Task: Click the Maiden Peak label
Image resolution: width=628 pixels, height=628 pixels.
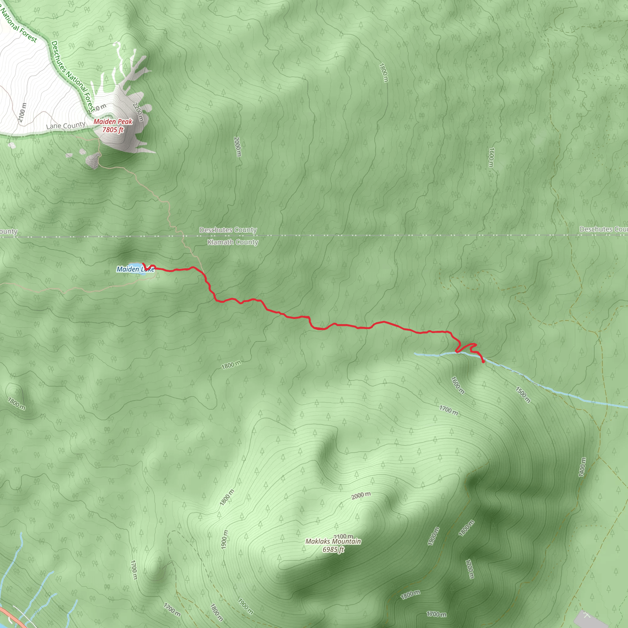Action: (113, 121)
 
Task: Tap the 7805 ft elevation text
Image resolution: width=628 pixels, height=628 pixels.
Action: (113, 130)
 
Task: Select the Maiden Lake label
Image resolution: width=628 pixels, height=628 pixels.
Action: (135, 269)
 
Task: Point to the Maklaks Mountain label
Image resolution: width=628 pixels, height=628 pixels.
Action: (333, 541)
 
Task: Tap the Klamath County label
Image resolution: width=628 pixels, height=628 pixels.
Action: (233, 242)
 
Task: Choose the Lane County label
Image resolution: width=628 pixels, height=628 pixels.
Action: (66, 125)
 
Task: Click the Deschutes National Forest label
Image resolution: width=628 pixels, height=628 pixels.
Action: (73, 76)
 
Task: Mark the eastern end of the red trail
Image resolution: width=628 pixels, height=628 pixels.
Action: (483, 362)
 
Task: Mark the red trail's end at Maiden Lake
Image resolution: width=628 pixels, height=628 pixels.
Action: (143, 264)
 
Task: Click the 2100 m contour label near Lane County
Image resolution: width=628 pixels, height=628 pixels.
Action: (22, 113)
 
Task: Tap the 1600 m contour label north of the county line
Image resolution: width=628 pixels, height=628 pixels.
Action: (491, 157)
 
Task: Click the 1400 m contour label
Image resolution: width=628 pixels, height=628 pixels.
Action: (582, 467)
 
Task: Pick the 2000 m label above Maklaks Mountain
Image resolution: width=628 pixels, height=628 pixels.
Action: (361, 496)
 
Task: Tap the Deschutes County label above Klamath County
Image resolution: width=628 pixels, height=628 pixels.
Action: (228, 230)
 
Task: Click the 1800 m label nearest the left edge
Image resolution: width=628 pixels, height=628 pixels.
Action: (17, 404)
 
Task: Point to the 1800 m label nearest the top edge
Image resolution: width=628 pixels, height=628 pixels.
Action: (384, 72)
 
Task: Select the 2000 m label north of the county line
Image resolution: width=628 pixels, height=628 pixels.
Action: (238, 147)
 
